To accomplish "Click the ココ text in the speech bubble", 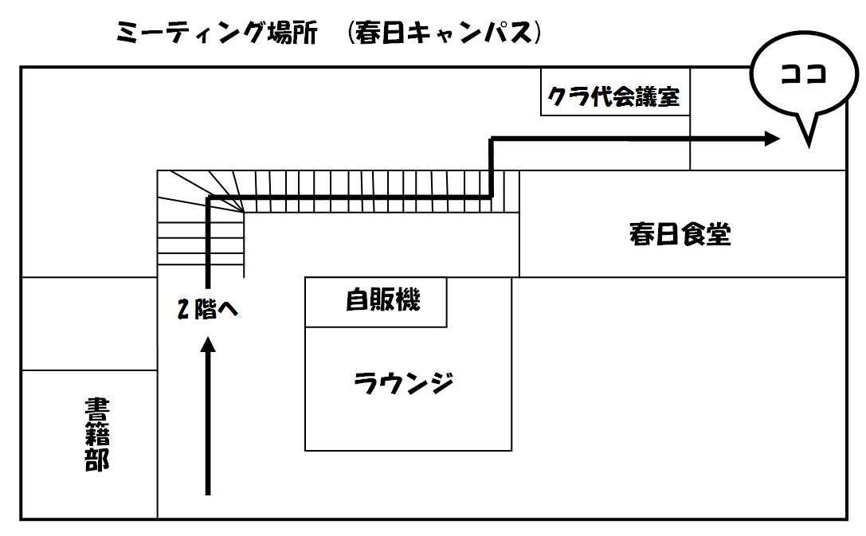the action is (x=804, y=73).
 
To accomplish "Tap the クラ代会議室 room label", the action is (x=613, y=97).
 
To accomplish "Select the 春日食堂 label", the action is (x=680, y=233).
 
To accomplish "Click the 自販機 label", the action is (x=382, y=299).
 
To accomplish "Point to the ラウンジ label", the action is (x=404, y=382).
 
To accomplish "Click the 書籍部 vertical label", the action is (x=97, y=435).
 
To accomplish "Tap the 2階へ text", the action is (x=208, y=308).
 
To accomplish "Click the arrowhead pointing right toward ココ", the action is (x=771, y=139).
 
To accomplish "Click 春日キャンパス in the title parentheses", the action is (x=444, y=33).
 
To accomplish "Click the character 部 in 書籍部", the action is (x=97, y=460).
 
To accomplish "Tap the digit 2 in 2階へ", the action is (x=183, y=309).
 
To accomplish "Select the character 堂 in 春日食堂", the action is (x=719, y=233).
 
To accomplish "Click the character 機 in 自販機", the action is (x=408, y=299).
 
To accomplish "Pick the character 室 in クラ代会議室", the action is (x=668, y=97).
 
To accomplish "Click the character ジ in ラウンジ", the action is (x=441, y=382).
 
